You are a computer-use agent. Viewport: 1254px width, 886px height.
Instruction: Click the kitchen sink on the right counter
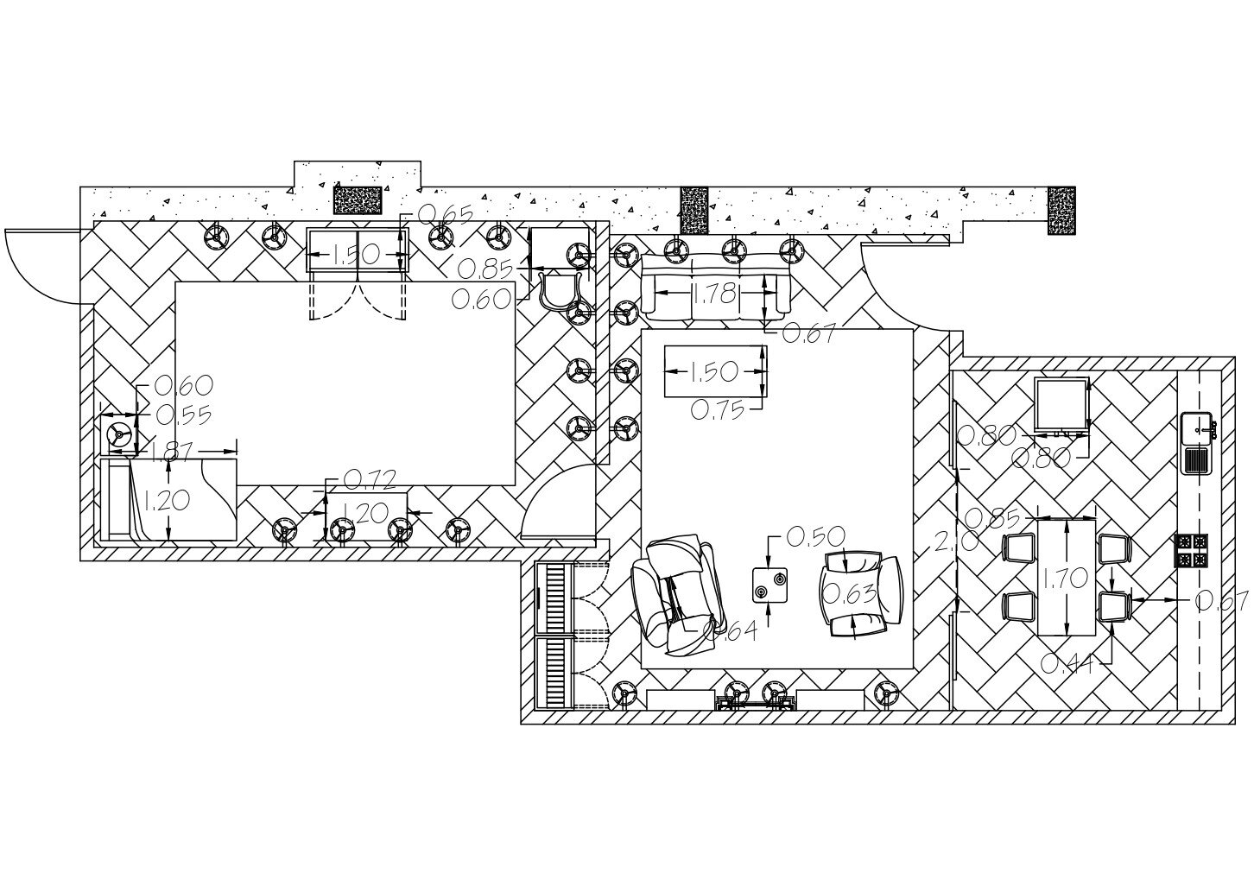tap(1198, 442)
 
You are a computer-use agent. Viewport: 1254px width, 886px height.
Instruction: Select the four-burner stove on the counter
tap(1192, 551)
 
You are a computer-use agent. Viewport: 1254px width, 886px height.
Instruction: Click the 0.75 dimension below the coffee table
tap(717, 409)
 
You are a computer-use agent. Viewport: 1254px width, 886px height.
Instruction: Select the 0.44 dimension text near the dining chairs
tap(1067, 663)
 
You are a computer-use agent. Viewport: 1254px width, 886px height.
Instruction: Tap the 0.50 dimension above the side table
tap(817, 537)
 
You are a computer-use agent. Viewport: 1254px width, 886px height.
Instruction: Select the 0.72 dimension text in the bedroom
tap(370, 479)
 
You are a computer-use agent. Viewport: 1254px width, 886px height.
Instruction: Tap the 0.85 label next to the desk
tap(484, 268)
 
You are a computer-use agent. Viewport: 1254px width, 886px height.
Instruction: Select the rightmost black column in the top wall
tap(1061, 210)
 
